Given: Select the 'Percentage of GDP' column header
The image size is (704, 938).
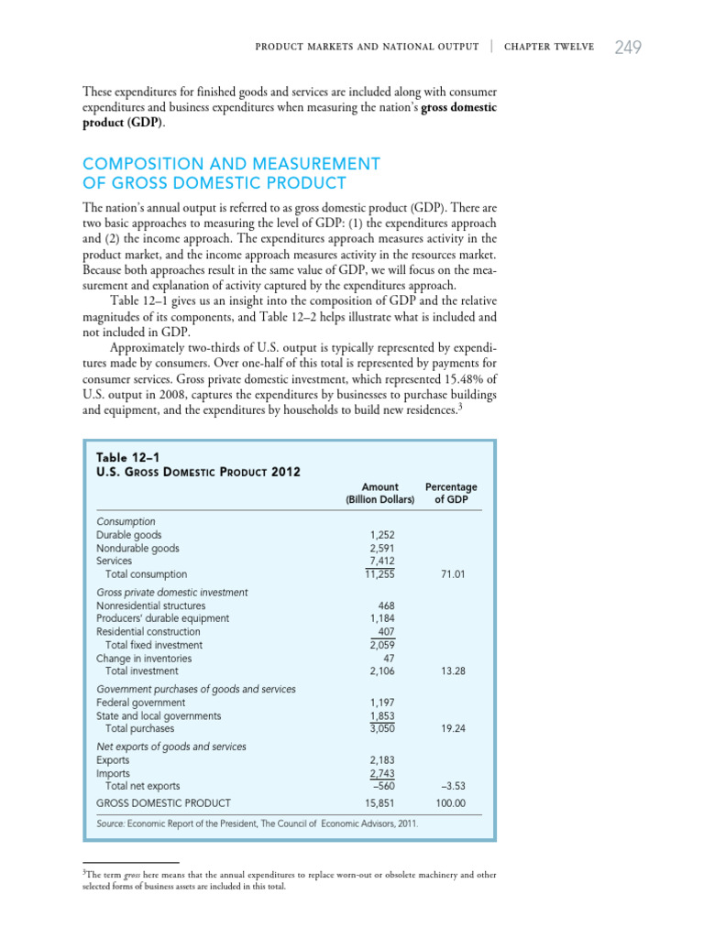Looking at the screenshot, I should pos(451,493).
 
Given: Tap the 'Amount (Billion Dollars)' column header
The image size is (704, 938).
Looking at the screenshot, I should pos(379,493).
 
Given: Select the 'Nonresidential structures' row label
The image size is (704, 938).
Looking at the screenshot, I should pos(150,605).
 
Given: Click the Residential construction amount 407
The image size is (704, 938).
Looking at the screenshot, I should pos(386,631).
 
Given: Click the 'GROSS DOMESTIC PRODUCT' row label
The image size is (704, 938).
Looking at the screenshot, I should pos(158,803).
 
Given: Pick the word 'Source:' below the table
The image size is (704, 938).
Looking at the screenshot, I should pos(113,823).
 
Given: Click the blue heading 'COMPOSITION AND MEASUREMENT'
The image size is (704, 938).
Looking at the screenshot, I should pos(231,163).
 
